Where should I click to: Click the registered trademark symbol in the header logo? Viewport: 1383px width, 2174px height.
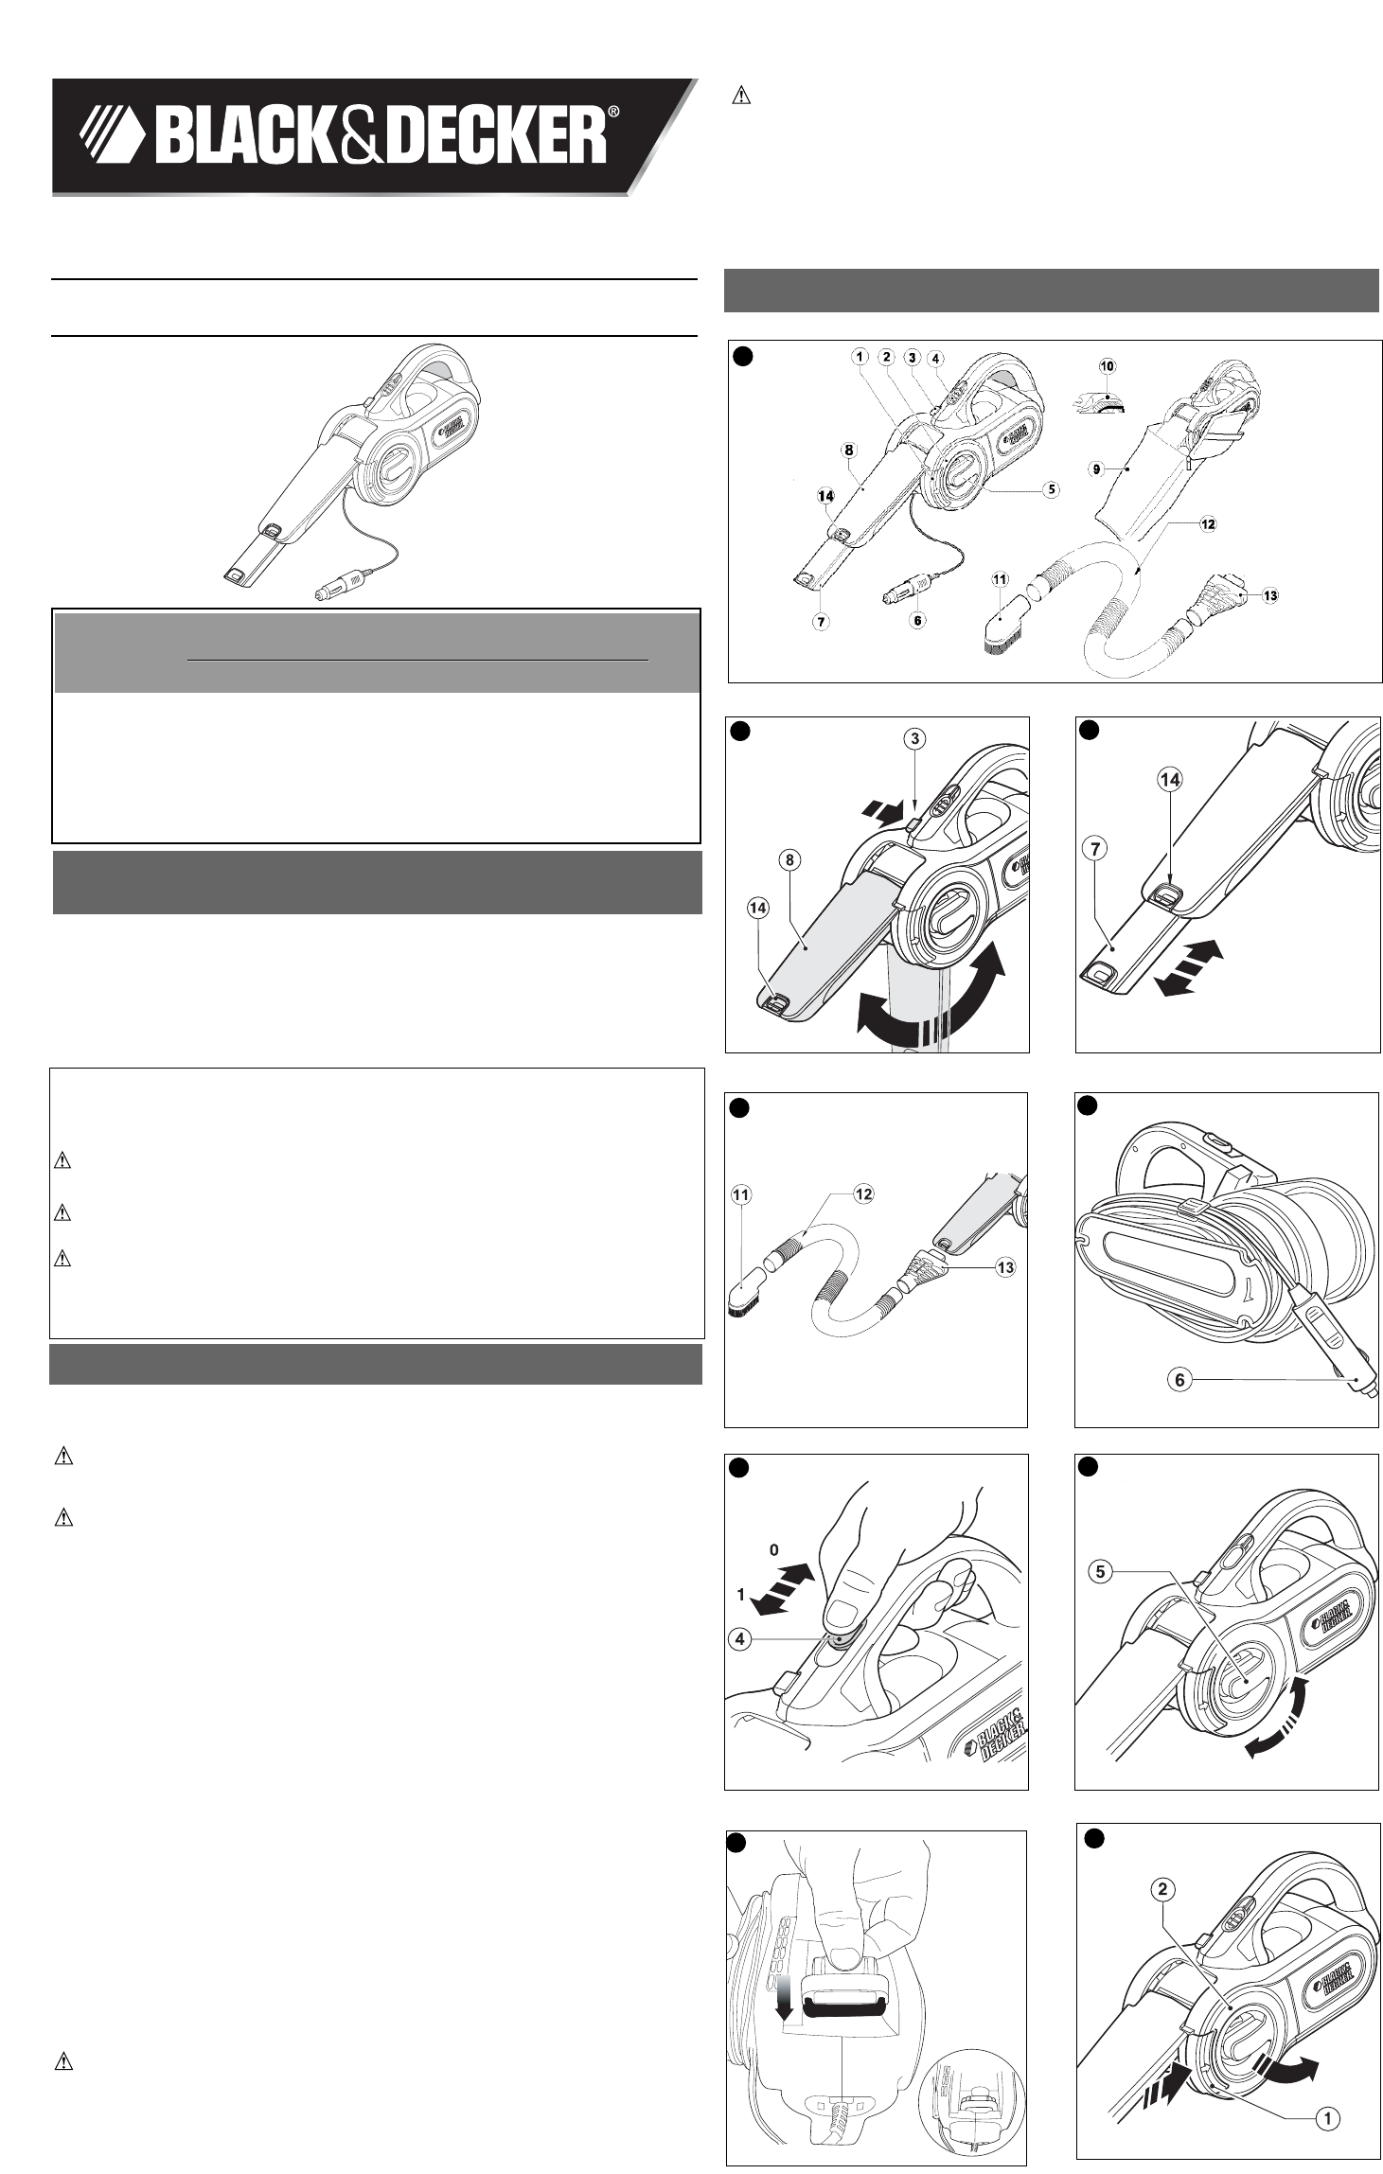[x=613, y=113]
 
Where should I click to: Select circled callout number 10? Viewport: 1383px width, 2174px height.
[x=1107, y=366]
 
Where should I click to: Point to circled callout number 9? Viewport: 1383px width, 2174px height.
[x=1097, y=468]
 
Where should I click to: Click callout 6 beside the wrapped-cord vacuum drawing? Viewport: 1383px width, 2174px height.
[x=1179, y=1380]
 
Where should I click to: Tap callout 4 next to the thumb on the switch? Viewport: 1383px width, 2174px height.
[x=740, y=1638]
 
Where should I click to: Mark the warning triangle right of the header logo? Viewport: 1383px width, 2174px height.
[x=743, y=96]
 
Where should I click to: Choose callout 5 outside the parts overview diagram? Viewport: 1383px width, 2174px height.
[x=1100, y=1572]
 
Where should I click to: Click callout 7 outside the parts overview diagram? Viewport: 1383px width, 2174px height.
[x=1095, y=849]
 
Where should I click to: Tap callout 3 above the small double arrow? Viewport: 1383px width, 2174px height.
[x=914, y=738]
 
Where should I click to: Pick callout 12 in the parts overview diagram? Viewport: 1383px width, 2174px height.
[x=1208, y=523]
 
